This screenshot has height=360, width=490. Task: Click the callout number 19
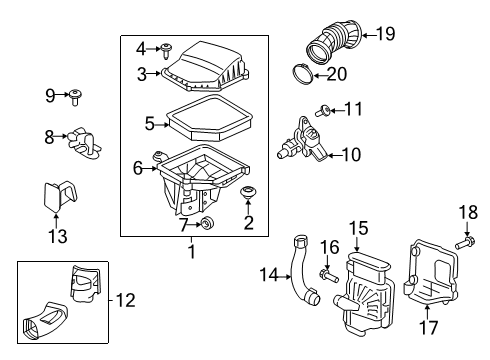pos(384,34)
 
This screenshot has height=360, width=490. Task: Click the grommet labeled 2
pos(247,191)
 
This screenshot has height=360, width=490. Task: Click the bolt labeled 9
pos(77,97)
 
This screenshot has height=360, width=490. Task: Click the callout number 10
pos(350,154)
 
